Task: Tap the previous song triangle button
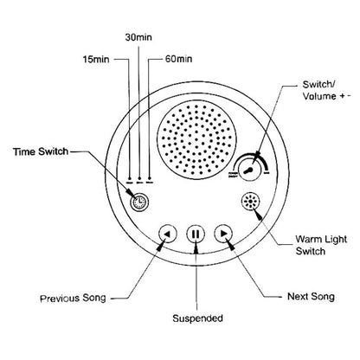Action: pyautogui.click(x=169, y=233)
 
